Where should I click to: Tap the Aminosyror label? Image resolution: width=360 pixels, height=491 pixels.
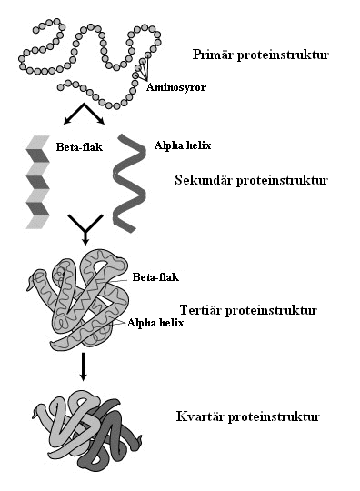coord(176,87)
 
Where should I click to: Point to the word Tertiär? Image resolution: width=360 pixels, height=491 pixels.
coord(201,310)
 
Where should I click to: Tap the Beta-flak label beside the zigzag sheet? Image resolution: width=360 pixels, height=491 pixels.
coord(79,147)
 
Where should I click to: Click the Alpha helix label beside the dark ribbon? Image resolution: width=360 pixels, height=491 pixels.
coord(183,145)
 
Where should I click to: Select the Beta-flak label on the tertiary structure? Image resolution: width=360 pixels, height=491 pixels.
coord(155,277)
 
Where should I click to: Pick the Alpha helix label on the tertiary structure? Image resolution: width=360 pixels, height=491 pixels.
coord(155,323)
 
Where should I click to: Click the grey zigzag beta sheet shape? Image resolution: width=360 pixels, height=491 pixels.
coord(37,182)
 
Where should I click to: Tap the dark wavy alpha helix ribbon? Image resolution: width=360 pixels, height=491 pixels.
coord(129,183)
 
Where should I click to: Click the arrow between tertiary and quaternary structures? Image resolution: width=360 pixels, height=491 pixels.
coord(83,366)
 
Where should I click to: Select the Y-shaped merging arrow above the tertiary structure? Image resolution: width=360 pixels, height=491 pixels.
coord(85,231)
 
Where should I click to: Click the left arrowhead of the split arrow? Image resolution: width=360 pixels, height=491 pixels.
coord(67,121)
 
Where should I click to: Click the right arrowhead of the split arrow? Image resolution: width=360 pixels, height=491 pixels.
coord(101,121)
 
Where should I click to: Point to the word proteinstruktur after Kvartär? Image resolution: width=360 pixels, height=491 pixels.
coord(274,416)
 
